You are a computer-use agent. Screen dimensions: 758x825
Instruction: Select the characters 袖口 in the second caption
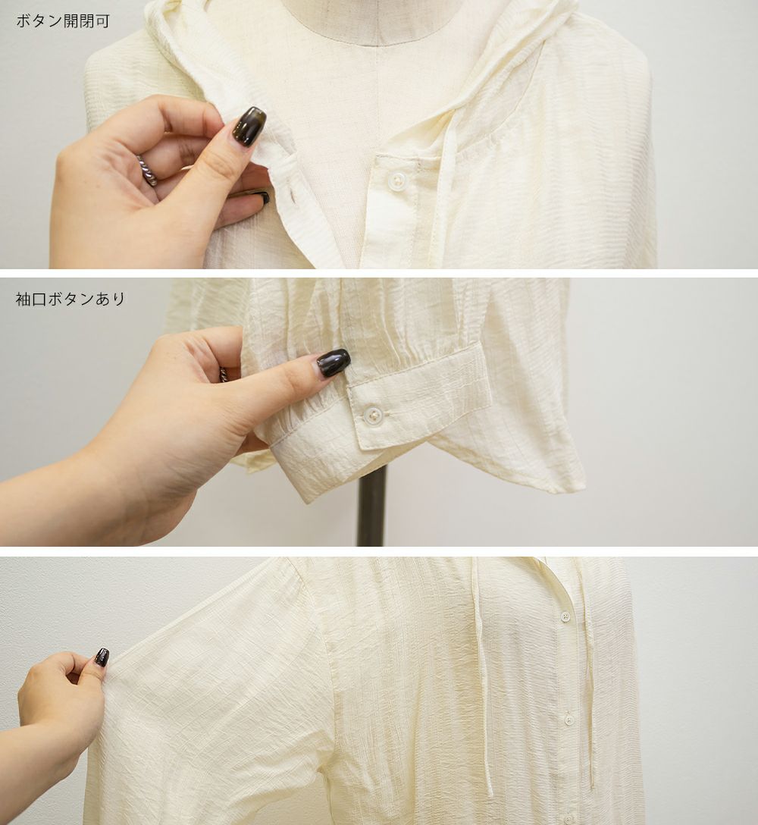[x=32, y=299]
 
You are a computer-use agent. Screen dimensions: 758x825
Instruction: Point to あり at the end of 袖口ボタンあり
[x=111, y=299]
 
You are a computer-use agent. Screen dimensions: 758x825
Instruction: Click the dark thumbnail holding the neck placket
[x=249, y=125]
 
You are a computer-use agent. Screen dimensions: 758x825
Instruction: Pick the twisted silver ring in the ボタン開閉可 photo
[x=148, y=169]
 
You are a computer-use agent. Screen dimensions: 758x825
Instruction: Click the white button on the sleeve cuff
[x=373, y=413]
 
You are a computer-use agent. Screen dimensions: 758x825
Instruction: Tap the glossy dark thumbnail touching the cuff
[x=333, y=362]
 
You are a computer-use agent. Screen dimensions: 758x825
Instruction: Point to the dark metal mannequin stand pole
[x=371, y=505]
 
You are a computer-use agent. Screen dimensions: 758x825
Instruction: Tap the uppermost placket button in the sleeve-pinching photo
[x=566, y=616]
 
